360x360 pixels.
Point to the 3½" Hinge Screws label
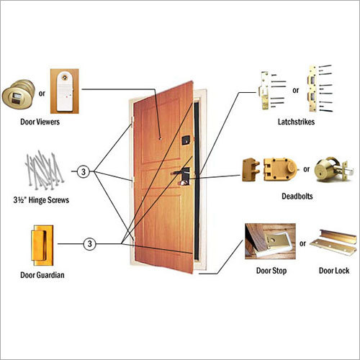(41, 199)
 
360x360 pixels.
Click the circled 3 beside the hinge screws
(84, 172)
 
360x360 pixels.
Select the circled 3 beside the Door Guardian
(90, 244)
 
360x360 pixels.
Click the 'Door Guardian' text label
(41, 275)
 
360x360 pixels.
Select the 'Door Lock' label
(334, 271)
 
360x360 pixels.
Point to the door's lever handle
(180, 174)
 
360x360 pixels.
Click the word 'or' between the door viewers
(40, 92)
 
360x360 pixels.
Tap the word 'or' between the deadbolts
(307, 169)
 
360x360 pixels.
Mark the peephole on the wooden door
(159, 135)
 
